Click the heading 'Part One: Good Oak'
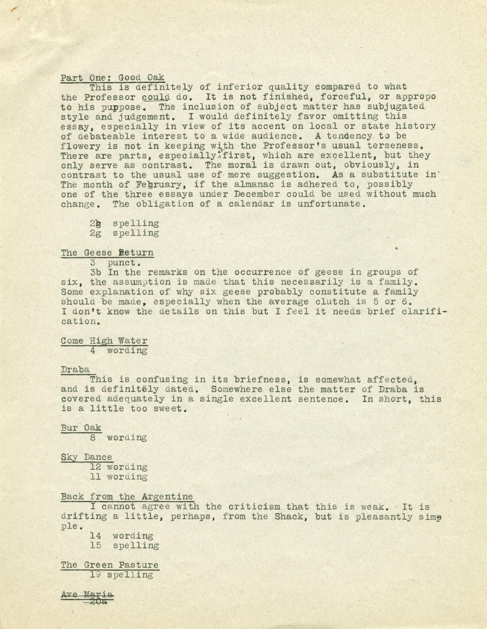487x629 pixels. click(x=112, y=77)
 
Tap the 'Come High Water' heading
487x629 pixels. click(x=104, y=341)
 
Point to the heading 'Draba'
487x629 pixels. click(x=75, y=369)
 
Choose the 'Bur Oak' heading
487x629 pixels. click(x=81, y=428)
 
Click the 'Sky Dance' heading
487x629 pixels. click(x=86, y=457)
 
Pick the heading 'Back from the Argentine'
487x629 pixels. click(x=127, y=497)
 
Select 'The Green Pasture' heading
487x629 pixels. click(x=110, y=565)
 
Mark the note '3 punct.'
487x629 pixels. click(x=113, y=262)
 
